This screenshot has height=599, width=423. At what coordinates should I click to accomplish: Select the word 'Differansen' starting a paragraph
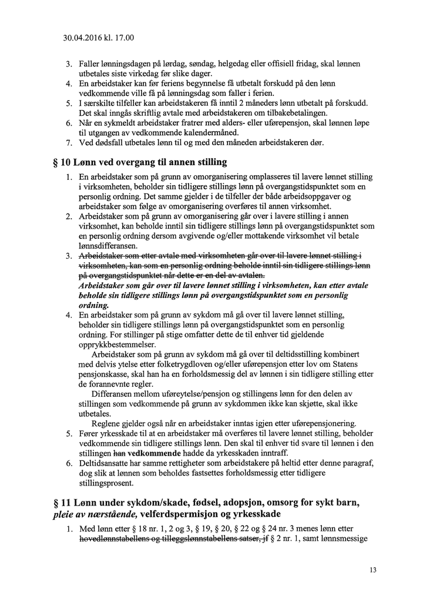115,393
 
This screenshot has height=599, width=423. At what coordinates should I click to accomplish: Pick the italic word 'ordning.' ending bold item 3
94,306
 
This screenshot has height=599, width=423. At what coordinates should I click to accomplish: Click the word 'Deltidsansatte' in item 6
106,464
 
